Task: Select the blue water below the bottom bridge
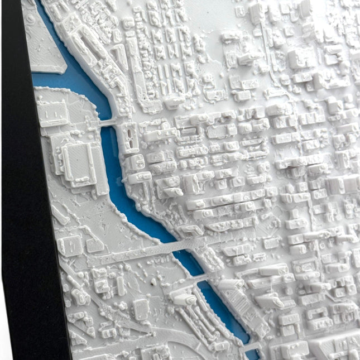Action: [254, 354]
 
